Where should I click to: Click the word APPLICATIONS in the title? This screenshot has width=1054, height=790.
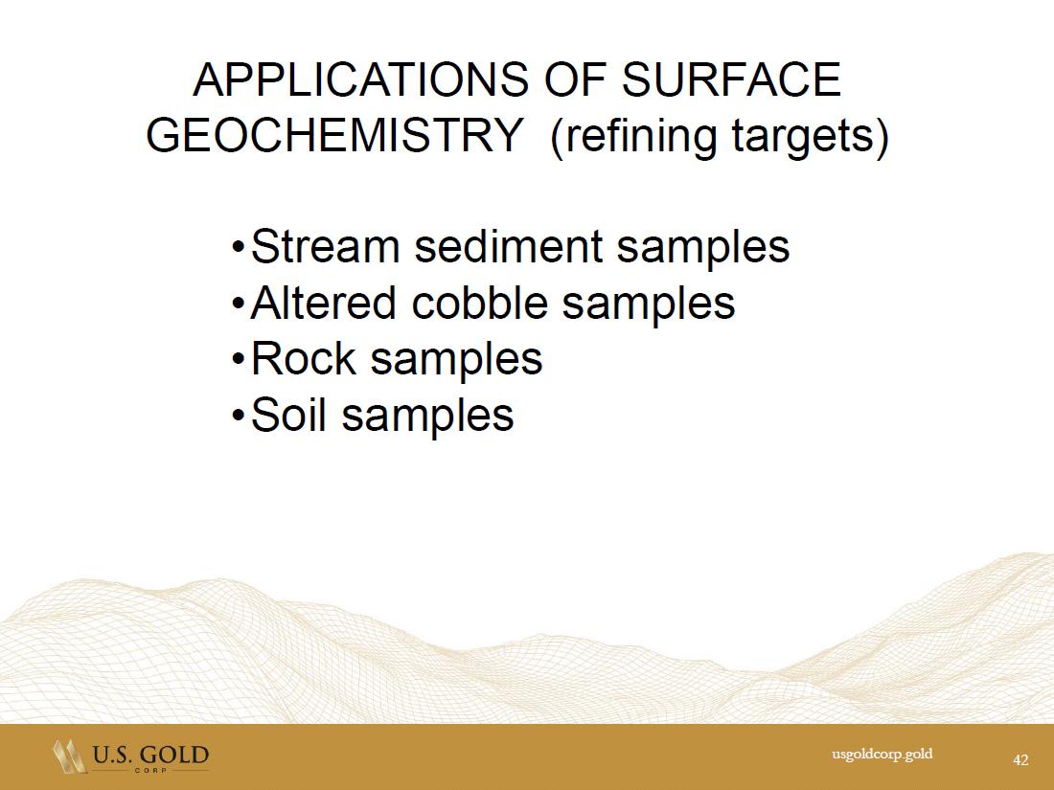361,79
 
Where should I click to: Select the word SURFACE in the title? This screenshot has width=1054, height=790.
731,79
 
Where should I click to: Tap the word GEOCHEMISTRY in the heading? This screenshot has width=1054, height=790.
334,135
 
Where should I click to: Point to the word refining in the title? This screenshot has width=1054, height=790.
634,137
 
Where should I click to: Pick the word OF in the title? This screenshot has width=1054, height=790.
575,79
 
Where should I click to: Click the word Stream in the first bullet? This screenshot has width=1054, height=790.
326,246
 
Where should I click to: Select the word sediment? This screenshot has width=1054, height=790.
508,246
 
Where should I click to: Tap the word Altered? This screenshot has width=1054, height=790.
323,303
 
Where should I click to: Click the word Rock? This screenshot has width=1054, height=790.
303,358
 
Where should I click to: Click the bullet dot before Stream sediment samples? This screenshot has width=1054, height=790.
238,248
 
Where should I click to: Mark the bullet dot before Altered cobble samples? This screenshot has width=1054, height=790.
238,305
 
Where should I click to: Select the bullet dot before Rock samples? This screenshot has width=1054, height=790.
238,360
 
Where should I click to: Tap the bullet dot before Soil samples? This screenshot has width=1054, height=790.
238,417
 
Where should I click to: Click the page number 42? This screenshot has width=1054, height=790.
1020,759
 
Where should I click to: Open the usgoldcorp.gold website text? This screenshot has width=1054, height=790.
882,755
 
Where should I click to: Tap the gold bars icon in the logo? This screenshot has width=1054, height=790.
69,756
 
